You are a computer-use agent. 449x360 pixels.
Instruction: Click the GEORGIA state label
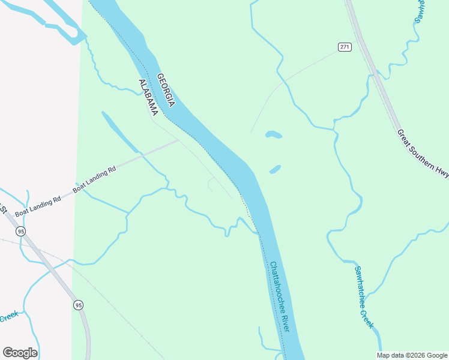point(166,91)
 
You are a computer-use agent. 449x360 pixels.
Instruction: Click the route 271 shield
point(344,47)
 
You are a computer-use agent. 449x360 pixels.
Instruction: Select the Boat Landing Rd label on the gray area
point(38,206)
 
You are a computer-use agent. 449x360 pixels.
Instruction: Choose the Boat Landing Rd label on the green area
point(94,180)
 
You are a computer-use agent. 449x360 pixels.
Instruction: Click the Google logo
point(20,353)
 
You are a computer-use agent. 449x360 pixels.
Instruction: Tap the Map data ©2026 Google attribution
point(412,355)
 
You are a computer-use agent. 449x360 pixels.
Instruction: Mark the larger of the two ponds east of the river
point(273,134)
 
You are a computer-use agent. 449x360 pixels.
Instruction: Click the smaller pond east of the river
point(275,170)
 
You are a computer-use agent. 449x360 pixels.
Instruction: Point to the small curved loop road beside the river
point(211,184)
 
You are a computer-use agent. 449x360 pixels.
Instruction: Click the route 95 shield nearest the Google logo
point(79,305)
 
